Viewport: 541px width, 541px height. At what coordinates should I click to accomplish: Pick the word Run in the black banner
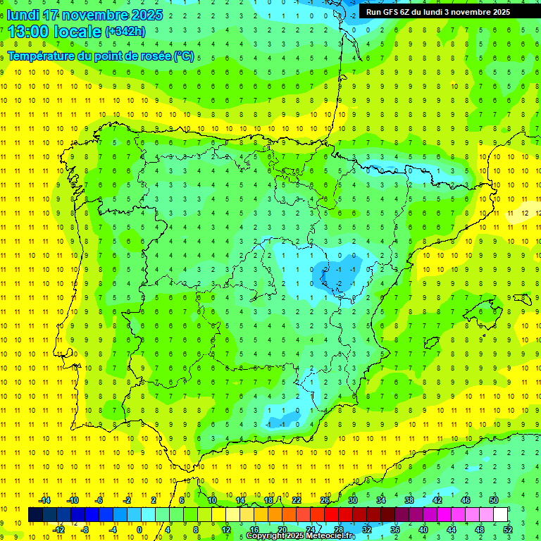click(373, 12)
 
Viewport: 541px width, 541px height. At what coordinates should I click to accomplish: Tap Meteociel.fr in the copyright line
click(332, 536)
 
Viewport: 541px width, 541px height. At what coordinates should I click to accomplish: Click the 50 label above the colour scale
click(494, 500)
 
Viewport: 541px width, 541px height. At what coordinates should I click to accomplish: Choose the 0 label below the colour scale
click(139, 530)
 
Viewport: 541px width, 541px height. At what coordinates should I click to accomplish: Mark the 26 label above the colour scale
click(325, 500)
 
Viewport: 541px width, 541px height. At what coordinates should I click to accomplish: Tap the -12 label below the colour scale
click(58, 530)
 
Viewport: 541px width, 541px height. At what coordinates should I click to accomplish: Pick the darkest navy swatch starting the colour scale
click(35, 515)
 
